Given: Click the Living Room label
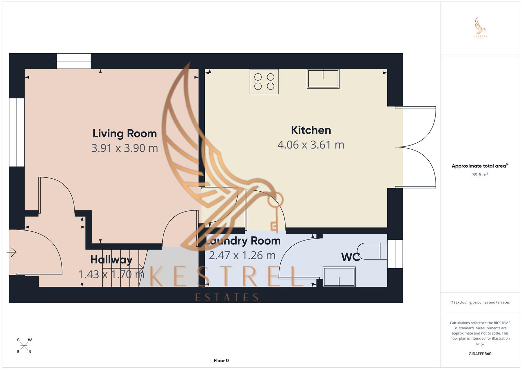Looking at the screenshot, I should pyautogui.click(x=124, y=133).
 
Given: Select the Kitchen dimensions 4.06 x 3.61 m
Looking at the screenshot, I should pyautogui.click(x=310, y=145).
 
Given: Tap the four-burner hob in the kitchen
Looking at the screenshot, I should pyautogui.click(x=264, y=82).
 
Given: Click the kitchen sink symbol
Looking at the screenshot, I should pyautogui.click(x=323, y=79).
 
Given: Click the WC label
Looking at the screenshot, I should pyautogui.click(x=350, y=257).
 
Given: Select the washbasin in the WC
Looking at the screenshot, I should pyautogui.click(x=339, y=276).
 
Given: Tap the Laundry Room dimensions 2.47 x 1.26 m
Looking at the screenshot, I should pyautogui.click(x=242, y=255).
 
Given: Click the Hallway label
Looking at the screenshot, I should pyautogui.click(x=111, y=260).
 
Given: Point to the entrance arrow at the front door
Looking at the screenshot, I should pyautogui.click(x=12, y=252).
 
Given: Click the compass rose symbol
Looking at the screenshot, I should pyautogui.click(x=24, y=346).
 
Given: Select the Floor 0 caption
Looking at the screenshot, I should pyautogui.click(x=221, y=360).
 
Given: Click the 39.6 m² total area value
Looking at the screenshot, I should pyautogui.click(x=480, y=175).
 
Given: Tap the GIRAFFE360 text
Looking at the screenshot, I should pyautogui.click(x=480, y=354).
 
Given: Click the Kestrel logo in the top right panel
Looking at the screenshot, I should pyautogui.click(x=480, y=28).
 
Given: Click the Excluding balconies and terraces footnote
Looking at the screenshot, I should pyautogui.click(x=480, y=302).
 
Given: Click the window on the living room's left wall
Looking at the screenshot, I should pyautogui.click(x=16, y=133).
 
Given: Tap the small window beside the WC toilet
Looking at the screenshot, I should pyautogui.click(x=395, y=254).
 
